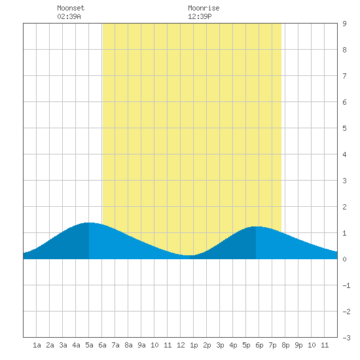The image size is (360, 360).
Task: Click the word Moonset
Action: point(71,8)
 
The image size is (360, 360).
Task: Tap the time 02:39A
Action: point(69,16)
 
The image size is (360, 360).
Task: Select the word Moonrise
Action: point(204,8)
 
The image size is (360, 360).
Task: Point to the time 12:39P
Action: point(200,16)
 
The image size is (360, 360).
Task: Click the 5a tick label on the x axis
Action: point(89,345)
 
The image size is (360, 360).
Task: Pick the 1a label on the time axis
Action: point(37,345)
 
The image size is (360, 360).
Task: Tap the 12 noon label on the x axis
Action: point(181,345)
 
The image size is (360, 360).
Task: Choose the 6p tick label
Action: point(259,345)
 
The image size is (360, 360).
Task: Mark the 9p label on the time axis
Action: point(298,345)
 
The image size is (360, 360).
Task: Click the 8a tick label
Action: point(128,345)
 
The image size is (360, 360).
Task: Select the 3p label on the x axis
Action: point(220,345)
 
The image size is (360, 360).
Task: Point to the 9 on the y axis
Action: point(344,24)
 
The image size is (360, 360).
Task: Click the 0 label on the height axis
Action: point(344,259)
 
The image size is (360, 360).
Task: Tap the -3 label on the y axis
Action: point(346,338)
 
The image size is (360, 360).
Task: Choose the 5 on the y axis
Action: point(344,128)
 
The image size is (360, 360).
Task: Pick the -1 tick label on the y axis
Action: point(346,285)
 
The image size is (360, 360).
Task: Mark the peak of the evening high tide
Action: point(256,226)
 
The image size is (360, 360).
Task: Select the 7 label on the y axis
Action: point(344,76)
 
